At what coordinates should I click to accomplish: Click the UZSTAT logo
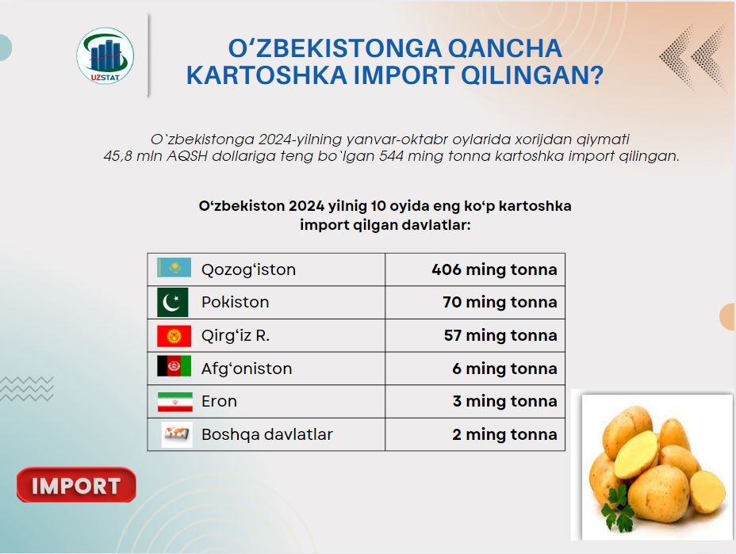click(x=105, y=55)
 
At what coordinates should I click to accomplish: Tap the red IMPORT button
click(x=76, y=485)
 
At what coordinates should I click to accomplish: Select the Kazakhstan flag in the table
click(x=174, y=267)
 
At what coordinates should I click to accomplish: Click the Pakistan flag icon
click(x=173, y=302)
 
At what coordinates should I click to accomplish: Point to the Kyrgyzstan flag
click(x=174, y=336)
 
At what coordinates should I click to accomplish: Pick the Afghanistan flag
click(x=174, y=366)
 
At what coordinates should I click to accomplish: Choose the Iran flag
click(x=175, y=402)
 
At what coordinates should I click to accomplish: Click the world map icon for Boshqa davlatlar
click(x=177, y=434)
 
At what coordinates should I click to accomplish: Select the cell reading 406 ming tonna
click(x=494, y=269)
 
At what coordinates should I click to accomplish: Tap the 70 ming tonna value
click(x=500, y=302)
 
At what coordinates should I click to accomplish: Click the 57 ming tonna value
click(x=500, y=335)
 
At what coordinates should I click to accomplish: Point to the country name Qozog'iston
click(x=248, y=269)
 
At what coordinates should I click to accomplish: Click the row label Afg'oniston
click(x=247, y=369)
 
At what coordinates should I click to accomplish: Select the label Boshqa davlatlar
click(x=267, y=434)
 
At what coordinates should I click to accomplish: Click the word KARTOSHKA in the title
click(x=266, y=75)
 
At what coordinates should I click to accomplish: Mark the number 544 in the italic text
click(x=391, y=156)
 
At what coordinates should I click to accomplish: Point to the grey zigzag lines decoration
click(x=27, y=388)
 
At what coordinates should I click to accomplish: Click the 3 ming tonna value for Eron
click(x=504, y=401)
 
